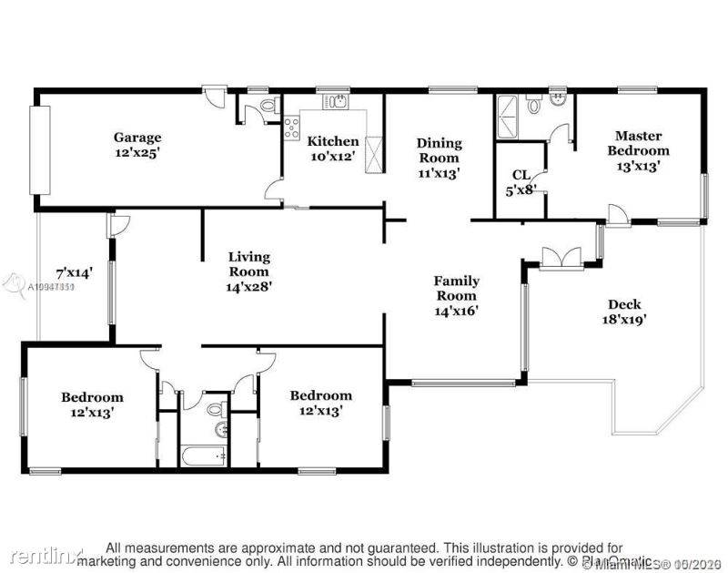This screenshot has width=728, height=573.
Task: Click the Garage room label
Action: (137, 146)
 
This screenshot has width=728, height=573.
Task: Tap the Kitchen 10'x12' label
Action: (332, 149)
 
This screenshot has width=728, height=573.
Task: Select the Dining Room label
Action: (440, 157)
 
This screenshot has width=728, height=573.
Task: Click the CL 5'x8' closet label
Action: (521, 181)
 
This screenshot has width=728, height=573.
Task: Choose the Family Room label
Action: (456, 295)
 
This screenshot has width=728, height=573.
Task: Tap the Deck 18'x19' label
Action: (624, 312)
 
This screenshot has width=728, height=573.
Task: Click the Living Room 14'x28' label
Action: (248, 271)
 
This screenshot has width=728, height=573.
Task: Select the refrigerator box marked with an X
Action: (374, 148)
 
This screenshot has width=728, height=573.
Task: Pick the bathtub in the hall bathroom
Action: (203, 455)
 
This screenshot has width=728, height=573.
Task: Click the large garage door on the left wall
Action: (40, 150)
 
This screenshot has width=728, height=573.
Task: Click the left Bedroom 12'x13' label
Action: (93, 404)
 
